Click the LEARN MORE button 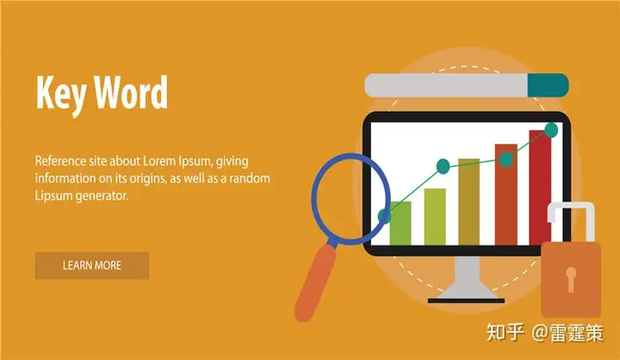92,265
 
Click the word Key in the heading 60,94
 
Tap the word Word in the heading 131,92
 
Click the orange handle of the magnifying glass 315,283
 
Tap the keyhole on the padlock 571,279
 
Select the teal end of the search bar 548,85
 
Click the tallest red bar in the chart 540,188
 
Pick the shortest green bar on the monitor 400,223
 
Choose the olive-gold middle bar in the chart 469,202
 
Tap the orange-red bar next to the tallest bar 506,195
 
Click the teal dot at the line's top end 551,130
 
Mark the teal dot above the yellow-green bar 443,166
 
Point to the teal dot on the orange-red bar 506,159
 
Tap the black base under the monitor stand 466,301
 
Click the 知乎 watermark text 505,332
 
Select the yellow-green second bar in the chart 435,217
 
